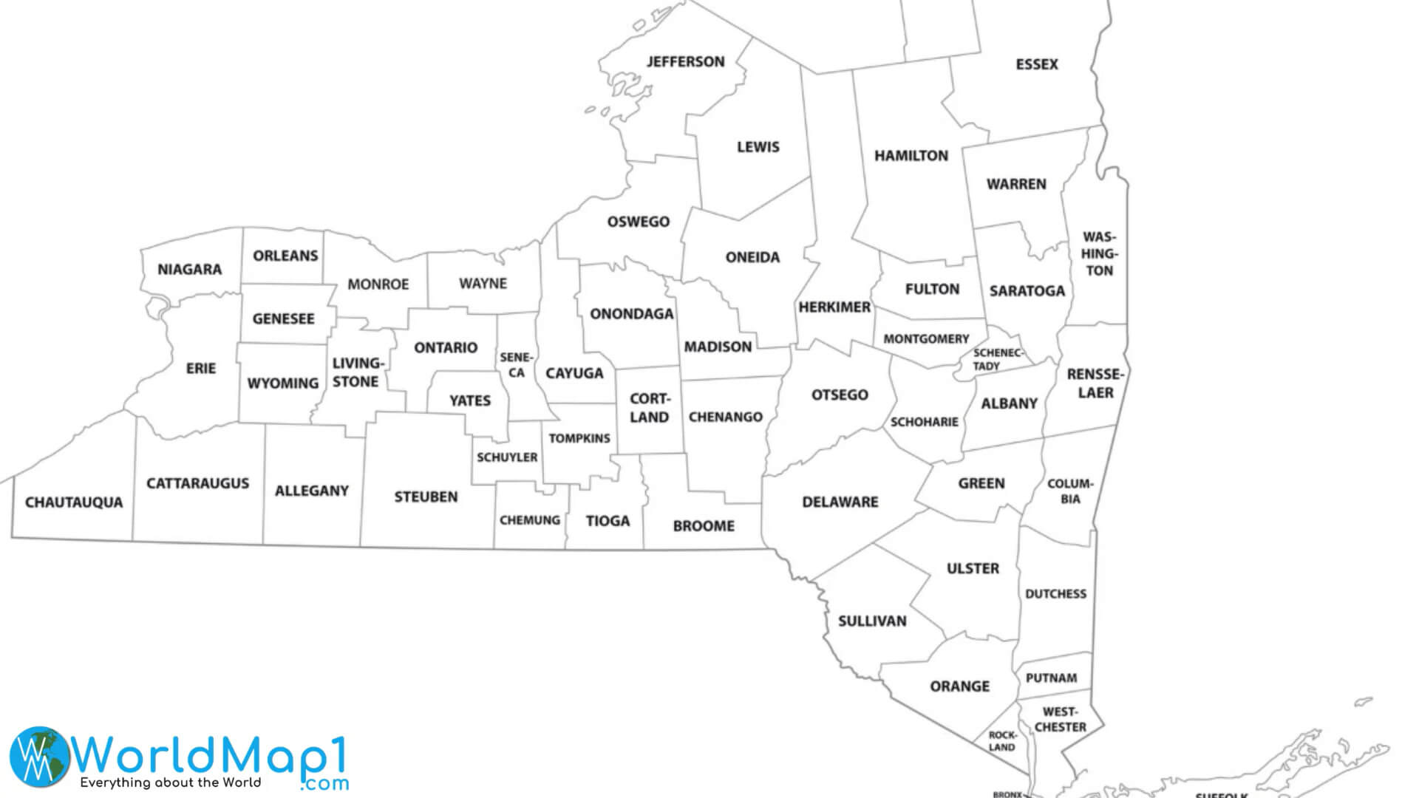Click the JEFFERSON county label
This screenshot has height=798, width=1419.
(685, 62)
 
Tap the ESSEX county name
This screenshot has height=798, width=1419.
(1036, 65)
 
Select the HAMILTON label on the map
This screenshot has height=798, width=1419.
(911, 156)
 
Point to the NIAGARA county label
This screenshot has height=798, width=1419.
(189, 270)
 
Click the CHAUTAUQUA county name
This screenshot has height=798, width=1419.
(74, 502)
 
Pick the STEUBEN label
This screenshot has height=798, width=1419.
(426, 497)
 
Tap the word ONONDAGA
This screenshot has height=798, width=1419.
(631, 314)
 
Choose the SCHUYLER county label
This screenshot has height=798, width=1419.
(507, 457)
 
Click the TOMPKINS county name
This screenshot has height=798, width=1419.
(579, 438)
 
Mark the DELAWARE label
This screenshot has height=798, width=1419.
(840, 502)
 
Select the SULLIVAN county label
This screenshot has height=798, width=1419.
(872, 621)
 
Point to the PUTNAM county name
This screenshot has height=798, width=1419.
(1051, 678)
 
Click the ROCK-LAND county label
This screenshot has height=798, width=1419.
(1002, 741)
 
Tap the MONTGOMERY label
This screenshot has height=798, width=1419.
(926, 339)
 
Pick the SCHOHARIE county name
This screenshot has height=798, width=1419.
(924, 422)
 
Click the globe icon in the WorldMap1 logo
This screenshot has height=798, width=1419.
(39, 756)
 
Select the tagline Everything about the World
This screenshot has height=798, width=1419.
(171, 782)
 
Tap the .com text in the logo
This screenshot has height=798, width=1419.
(324, 783)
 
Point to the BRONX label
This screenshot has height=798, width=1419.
(1007, 794)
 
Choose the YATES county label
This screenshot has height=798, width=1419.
(469, 401)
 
